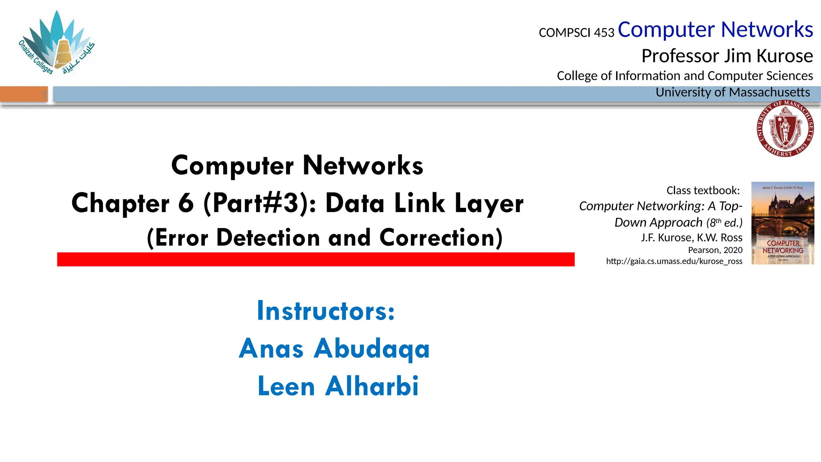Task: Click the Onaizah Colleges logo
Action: (57, 43)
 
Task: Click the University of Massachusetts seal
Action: (785, 128)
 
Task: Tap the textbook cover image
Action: (783, 223)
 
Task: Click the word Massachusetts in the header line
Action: (769, 92)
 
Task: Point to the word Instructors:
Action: (326, 311)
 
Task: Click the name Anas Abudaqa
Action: (334, 348)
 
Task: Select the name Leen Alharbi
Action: (338, 386)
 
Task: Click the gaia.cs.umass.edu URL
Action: (674, 261)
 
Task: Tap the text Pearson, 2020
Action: (715, 250)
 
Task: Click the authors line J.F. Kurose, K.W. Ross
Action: (691, 238)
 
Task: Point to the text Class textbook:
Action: (703, 190)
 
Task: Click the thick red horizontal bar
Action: (315, 259)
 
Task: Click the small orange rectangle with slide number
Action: (24, 94)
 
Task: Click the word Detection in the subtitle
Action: (268, 238)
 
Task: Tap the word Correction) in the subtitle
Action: (441, 238)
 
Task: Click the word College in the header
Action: (577, 76)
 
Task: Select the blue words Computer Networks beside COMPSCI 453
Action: (715, 30)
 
